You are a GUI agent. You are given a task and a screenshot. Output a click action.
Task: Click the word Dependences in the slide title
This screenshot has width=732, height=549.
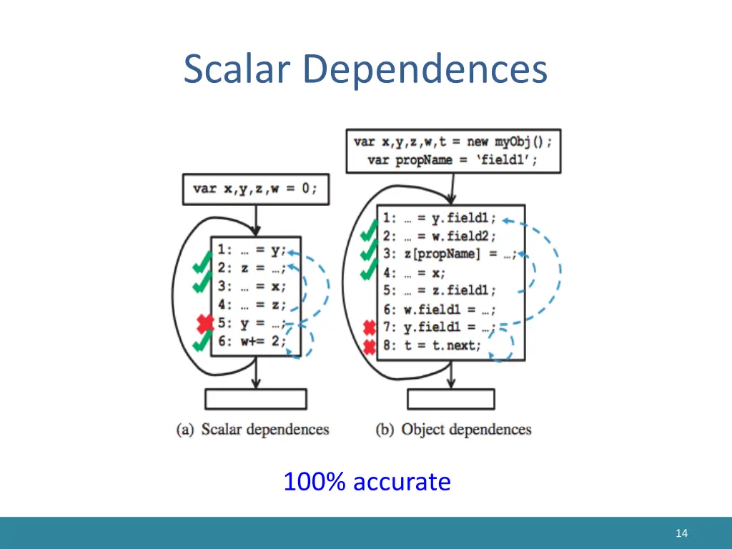pos(425,70)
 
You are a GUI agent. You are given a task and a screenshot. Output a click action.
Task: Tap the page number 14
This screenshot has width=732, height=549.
pos(681,533)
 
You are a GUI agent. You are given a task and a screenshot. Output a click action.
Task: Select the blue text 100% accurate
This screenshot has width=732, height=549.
pos(367,482)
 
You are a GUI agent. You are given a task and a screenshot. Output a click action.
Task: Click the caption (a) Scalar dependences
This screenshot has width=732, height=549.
pos(253,430)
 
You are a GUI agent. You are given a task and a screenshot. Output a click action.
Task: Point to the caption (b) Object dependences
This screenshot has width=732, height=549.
pos(454,430)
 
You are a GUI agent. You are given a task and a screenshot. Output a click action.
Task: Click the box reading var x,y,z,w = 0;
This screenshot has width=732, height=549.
pos(255,189)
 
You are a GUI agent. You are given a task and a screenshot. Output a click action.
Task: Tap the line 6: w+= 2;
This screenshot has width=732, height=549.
pos(252,342)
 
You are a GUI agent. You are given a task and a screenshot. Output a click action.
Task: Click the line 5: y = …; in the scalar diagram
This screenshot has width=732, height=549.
pos(252,323)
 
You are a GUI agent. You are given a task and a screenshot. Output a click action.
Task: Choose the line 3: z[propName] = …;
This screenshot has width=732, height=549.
pos(449,254)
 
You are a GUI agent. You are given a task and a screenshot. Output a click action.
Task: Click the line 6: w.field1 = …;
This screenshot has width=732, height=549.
pos(439,310)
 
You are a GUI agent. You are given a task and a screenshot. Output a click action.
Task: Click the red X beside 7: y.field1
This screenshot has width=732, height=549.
pos(370,328)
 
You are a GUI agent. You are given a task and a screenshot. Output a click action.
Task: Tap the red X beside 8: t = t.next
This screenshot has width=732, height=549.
pos(370,347)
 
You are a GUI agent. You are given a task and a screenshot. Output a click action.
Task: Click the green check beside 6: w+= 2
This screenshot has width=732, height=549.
pos(202,343)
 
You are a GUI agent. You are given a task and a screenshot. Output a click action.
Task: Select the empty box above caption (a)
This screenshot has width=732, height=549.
pos(255,399)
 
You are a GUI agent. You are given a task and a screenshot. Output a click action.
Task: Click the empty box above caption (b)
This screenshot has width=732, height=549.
pos(450,399)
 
